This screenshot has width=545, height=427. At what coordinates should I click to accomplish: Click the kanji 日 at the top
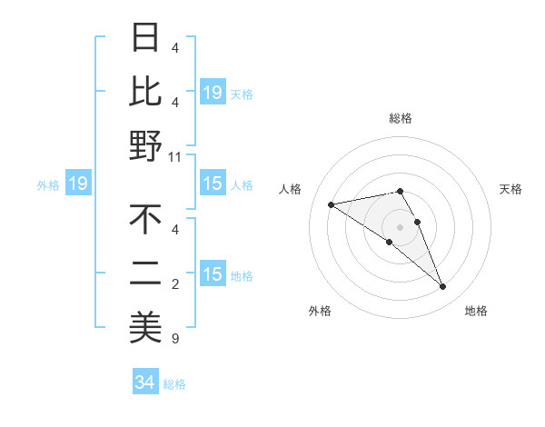point(145,38)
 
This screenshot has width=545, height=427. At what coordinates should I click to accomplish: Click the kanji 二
point(145,273)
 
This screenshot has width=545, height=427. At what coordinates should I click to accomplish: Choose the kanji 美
point(145,326)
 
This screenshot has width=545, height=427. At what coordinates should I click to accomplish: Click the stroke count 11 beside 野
point(175,157)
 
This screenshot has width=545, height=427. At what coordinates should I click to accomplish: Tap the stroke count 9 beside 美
point(175,340)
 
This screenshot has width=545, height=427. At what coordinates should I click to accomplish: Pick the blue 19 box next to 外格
point(78,184)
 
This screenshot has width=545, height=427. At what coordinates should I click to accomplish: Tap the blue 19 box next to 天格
point(213,92)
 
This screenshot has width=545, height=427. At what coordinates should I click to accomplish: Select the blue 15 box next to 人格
point(213,184)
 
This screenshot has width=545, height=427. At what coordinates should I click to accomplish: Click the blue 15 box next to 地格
point(213,274)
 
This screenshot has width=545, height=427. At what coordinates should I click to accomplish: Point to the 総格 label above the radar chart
point(401,119)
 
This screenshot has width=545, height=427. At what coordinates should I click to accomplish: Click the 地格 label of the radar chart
point(476,312)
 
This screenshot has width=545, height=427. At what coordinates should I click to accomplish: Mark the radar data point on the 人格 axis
point(331,204)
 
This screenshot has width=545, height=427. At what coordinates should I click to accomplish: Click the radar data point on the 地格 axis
point(443,287)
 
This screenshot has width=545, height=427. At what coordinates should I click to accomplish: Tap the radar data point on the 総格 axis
point(401,191)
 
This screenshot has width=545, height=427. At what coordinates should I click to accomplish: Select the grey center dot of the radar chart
point(401,227)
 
